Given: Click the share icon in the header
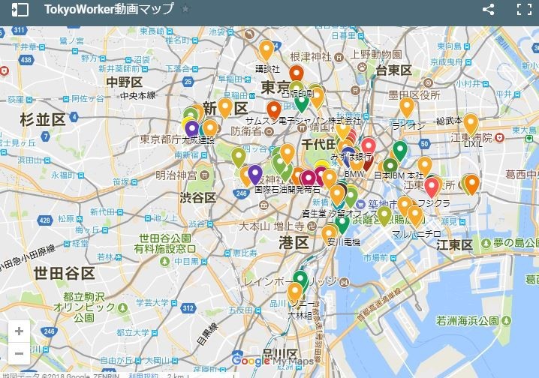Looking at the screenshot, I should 488,10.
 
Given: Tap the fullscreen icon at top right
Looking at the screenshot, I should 523,10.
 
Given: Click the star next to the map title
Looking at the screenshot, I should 185,10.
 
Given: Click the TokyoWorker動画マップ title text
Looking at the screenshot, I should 109,10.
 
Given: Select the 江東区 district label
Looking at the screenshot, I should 454,245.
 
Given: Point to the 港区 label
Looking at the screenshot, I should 294,242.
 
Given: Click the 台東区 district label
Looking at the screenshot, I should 394,70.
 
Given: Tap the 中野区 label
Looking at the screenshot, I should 124,82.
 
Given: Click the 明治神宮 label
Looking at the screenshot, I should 175,175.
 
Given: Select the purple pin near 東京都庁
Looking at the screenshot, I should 191,128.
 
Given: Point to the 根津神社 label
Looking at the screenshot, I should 310,56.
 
